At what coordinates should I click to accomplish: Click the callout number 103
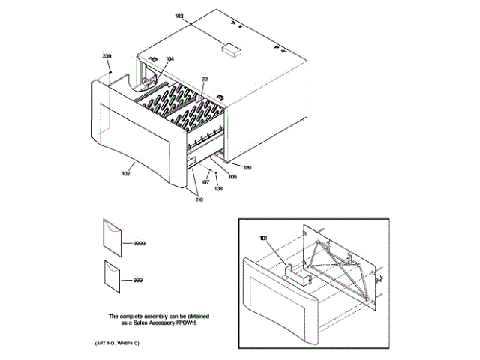tap(178, 16)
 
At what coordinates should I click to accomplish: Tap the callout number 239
tap(106, 56)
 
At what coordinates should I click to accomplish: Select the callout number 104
tap(169, 58)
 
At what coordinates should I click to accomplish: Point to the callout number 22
tap(204, 79)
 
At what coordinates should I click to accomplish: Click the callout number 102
tap(125, 173)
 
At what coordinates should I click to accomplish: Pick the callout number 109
tap(247, 167)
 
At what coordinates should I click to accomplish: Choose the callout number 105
tap(232, 177)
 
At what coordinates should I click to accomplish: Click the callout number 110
tap(199, 199)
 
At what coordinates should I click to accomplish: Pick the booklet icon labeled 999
tap(111, 277)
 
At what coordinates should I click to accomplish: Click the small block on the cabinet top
tap(232, 50)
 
